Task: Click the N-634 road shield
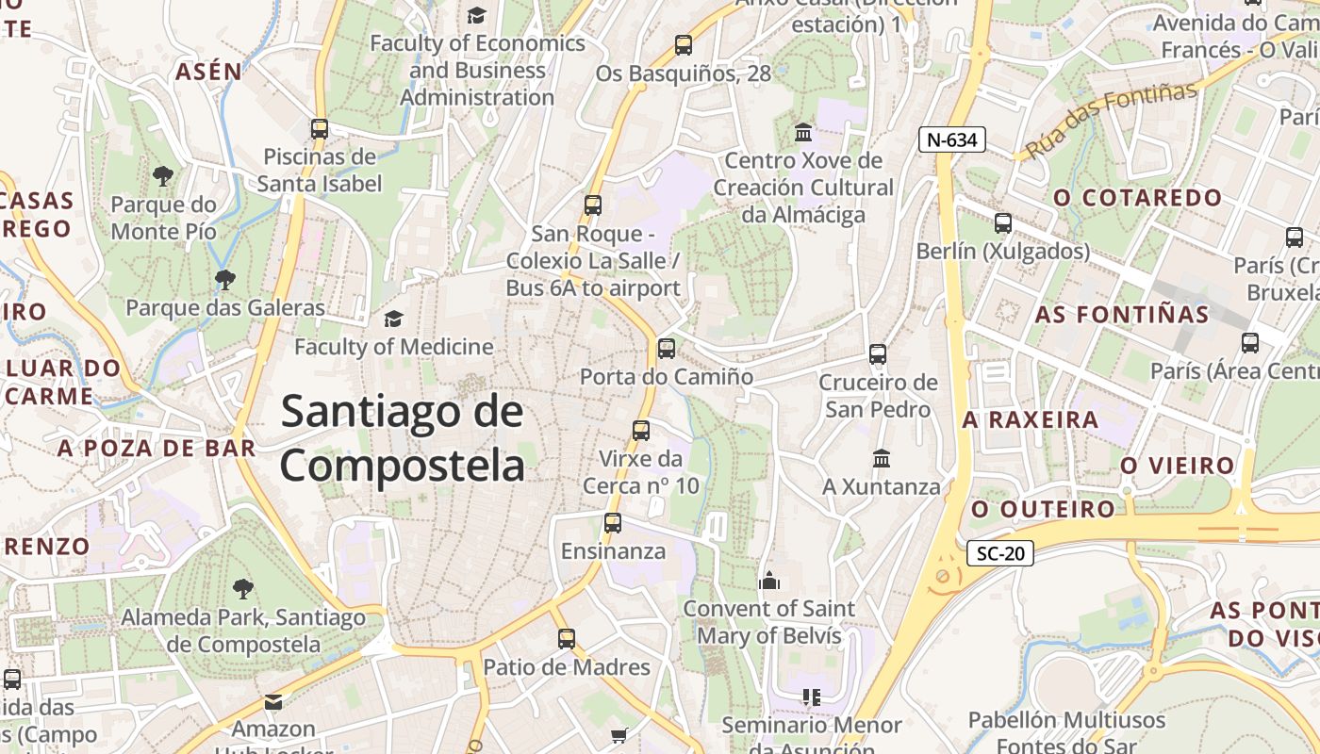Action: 952,140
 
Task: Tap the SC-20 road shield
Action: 1000,553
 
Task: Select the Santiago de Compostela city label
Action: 403,438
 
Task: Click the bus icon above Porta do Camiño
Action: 667,349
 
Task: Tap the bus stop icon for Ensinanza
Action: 613,523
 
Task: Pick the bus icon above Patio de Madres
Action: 566,639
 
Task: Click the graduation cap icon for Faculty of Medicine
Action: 393,320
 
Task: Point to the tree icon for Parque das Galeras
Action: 224,279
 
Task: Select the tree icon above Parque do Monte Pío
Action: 163,175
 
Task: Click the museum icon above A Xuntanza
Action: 882,459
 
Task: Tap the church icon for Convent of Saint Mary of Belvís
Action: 769,581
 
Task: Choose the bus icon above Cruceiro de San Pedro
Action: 878,354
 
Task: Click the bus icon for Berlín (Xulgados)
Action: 1003,223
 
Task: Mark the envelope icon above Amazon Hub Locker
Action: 273,701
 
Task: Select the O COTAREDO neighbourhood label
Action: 1137,198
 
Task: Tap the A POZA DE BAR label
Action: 157,449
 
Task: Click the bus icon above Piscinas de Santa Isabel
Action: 320,129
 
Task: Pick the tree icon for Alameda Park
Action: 243,589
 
